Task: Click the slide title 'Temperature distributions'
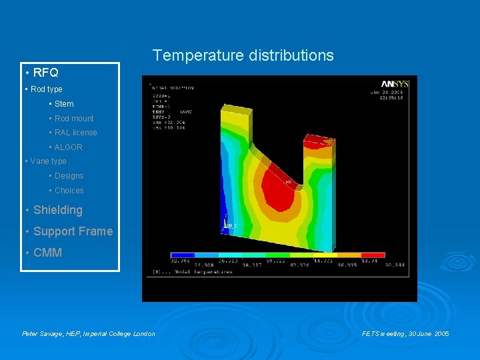pyautogui.click(x=243, y=55)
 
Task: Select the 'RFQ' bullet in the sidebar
pyautogui.click(x=45, y=73)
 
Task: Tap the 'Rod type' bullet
pyautogui.click(x=46, y=89)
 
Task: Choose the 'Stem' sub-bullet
pyautogui.click(x=64, y=104)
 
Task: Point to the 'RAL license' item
pyautogui.click(x=75, y=133)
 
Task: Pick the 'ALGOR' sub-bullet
pyautogui.click(x=68, y=147)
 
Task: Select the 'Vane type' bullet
pyautogui.click(x=48, y=161)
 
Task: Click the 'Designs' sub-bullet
pyautogui.click(x=69, y=176)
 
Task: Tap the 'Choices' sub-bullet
pyautogui.click(x=69, y=191)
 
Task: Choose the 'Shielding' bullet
pyautogui.click(x=57, y=210)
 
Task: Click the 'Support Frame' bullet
pyautogui.click(x=73, y=231)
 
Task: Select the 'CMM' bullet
pyautogui.click(x=47, y=253)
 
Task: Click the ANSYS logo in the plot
pyautogui.click(x=396, y=84)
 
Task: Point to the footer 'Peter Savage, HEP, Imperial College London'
pyautogui.click(x=89, y=333)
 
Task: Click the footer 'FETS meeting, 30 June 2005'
pyautogui.click(x=405, y=333)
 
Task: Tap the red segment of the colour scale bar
pyautogui.click(x=373, y=255)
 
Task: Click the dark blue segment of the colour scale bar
pyautogui.click(x=183, y=255)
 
